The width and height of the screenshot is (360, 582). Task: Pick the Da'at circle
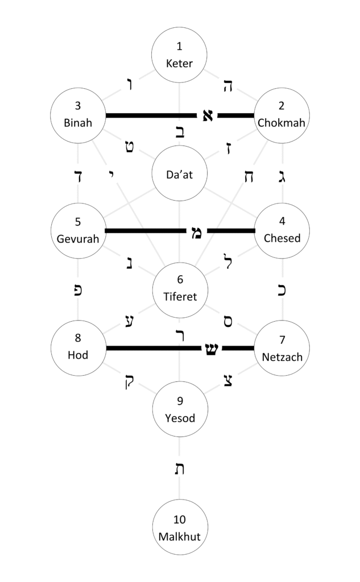180,174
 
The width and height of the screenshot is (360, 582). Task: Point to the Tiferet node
180,288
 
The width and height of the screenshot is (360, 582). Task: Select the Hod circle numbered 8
78,347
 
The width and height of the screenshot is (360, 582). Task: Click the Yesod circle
180,409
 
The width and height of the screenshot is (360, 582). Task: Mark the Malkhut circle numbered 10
180,527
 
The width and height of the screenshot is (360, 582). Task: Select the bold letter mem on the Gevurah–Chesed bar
196,231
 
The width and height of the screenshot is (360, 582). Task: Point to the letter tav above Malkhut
180,469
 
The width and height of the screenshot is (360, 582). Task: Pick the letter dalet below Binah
78,175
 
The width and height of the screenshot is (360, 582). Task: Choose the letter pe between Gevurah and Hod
78,289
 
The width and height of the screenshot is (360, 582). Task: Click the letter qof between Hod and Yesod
125,381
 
